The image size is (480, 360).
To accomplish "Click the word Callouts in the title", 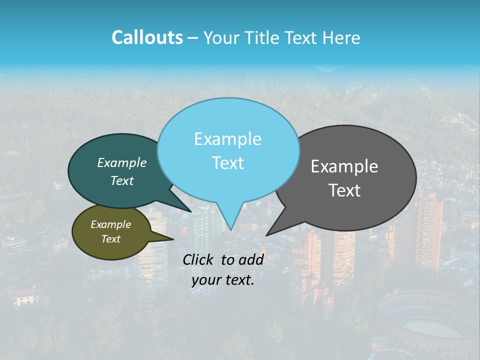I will click(147, 37).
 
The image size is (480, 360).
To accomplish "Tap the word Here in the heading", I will click(342, 37).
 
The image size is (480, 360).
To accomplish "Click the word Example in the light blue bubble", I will click(227, 139).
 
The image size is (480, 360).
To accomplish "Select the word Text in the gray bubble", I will click(344, 190).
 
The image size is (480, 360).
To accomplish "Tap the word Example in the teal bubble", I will click(122, 162).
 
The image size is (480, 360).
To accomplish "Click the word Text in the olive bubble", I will click(111, 239).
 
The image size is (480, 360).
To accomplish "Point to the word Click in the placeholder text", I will click(198, 259).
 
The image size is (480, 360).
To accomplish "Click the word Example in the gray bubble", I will click(344, 166).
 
